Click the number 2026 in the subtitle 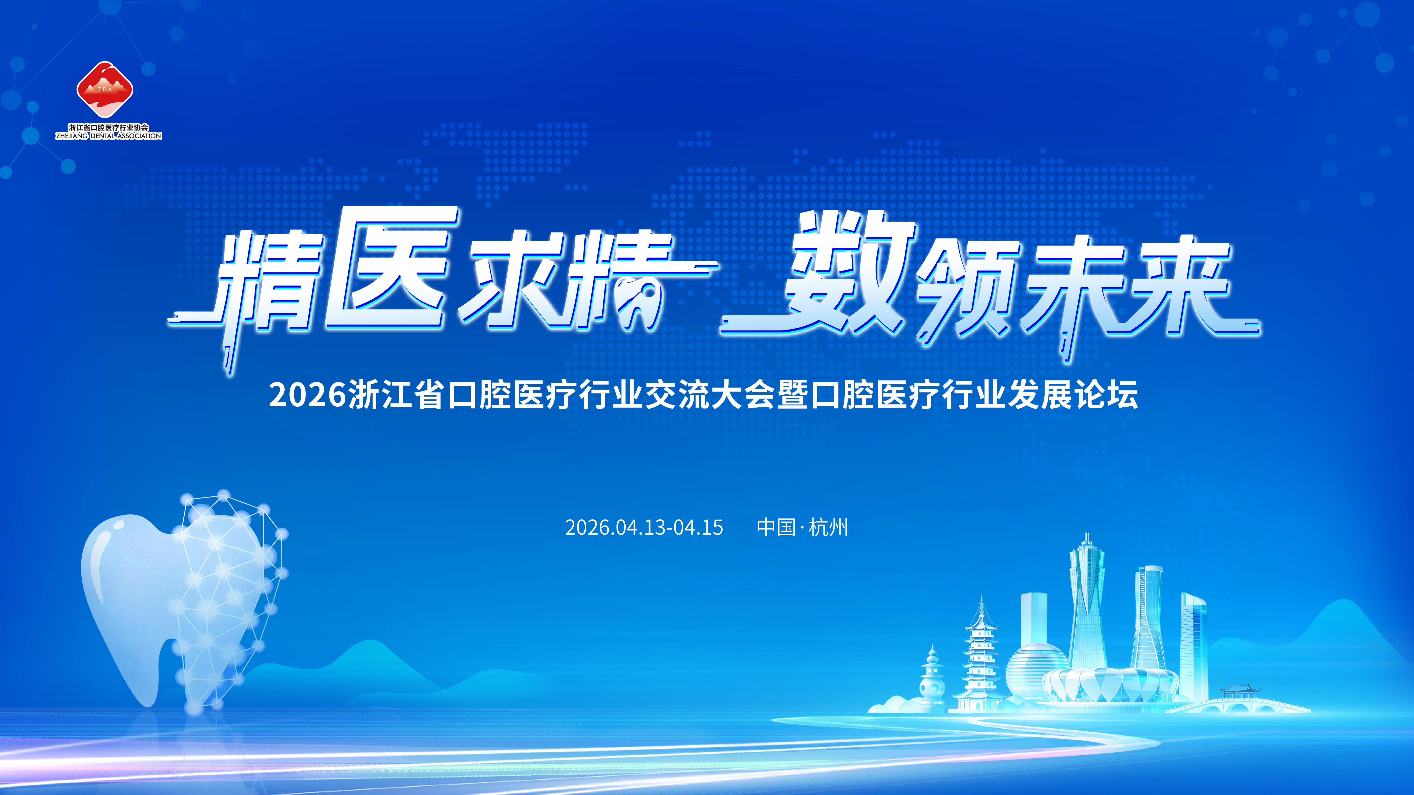(x=307, y=395)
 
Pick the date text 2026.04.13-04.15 (x=644, y=527)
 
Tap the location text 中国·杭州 (x=802, y=527)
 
